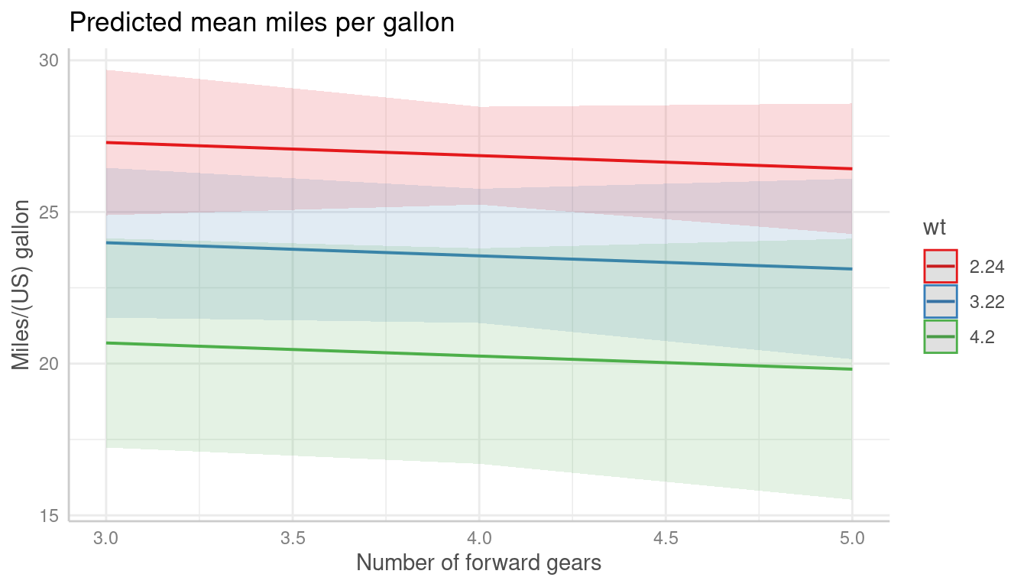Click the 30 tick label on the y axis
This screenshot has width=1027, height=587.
(x=48, y=60)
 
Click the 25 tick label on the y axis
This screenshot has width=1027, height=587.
(x=48, y=212)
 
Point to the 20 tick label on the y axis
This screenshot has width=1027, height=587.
(x=48, y=364)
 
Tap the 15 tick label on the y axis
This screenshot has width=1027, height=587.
(x=48, y=516)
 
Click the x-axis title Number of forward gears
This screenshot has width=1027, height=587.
(x=479, y=563)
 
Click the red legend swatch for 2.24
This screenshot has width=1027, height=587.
(x=940, y=266)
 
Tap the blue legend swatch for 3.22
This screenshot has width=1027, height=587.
(x=940, y=302)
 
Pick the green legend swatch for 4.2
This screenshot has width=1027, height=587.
(x=940, y=337)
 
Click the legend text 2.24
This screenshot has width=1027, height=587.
(x=987, y=267)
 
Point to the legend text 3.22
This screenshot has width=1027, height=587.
(x=987, y=302)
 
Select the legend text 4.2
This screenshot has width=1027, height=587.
(x=982, y=337)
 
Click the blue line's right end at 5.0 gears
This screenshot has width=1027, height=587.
(x=851, y=269)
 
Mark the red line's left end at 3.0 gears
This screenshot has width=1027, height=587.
(x=106, y=143)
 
